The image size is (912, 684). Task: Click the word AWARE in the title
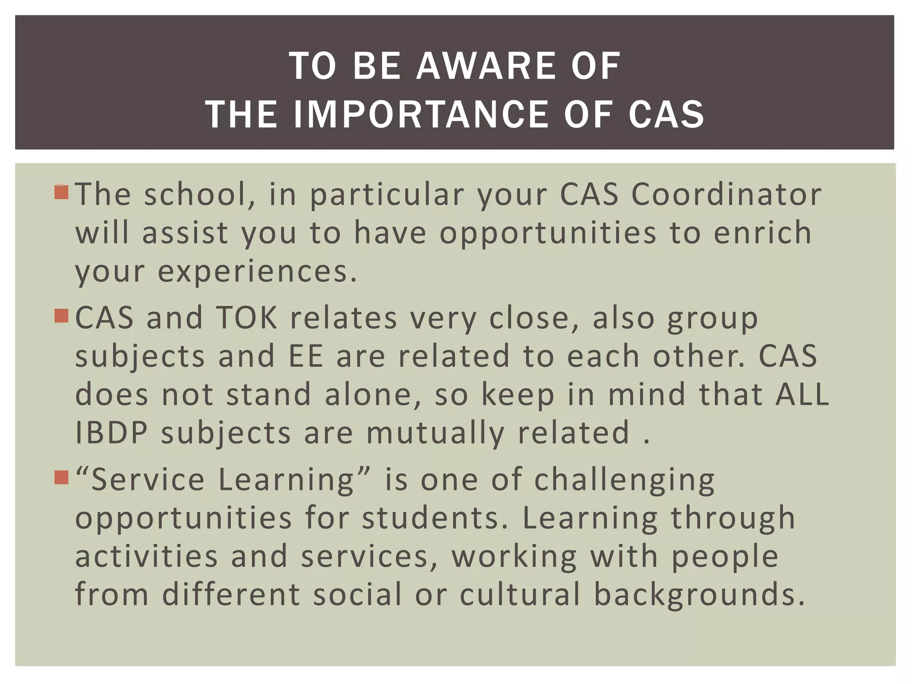click(x=486, y=66)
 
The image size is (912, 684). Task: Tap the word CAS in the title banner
click(x=666, y=114)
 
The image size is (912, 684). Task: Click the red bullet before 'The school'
click(x=61, y=192)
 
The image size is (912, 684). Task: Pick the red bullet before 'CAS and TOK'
click(x=61, y=316)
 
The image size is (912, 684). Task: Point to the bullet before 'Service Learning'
click(x=61, y=478)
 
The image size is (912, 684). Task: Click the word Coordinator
click(x=726, y=195)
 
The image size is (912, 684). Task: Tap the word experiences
click(x=257, y=271)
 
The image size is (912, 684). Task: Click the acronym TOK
click(x=247, y=318)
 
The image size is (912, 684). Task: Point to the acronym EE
click(x=306, y=356)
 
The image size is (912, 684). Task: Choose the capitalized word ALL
click(x=802, y=395)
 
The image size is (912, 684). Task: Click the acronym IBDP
click(x=111, y=433)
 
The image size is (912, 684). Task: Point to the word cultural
click(x=520, y=594)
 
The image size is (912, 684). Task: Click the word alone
click(x=373, y=395)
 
